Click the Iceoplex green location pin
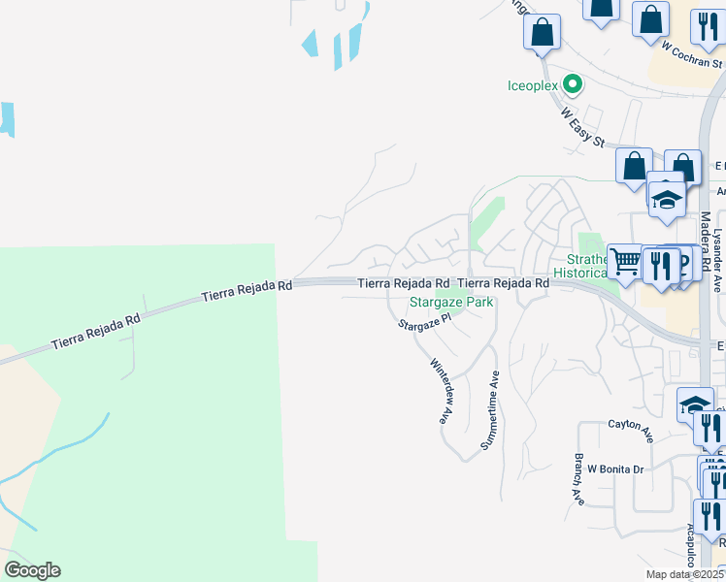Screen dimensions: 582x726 (x=573, y=84)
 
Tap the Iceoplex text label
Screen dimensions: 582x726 (x=535, y=85)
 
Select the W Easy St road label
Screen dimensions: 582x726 (x=582, y=126)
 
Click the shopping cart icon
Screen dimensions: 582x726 (x=626, y=261)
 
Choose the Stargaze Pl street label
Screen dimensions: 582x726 (x=425, y=321)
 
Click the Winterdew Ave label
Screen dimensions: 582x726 (x=442, y=391)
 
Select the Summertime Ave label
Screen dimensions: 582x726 (x=489, y=411)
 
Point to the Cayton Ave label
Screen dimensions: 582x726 (x=631, y=425)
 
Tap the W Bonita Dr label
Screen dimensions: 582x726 (x=615, y=469)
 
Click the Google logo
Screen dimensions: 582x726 (x=32, y=570)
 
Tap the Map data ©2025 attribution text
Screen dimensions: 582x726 (x=685, y=574)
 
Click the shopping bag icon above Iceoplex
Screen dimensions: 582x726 (x=542, y=32)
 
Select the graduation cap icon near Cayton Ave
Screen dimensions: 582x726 (x=696, y=404)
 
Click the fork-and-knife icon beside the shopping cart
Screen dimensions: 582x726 (x=662, y=266)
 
